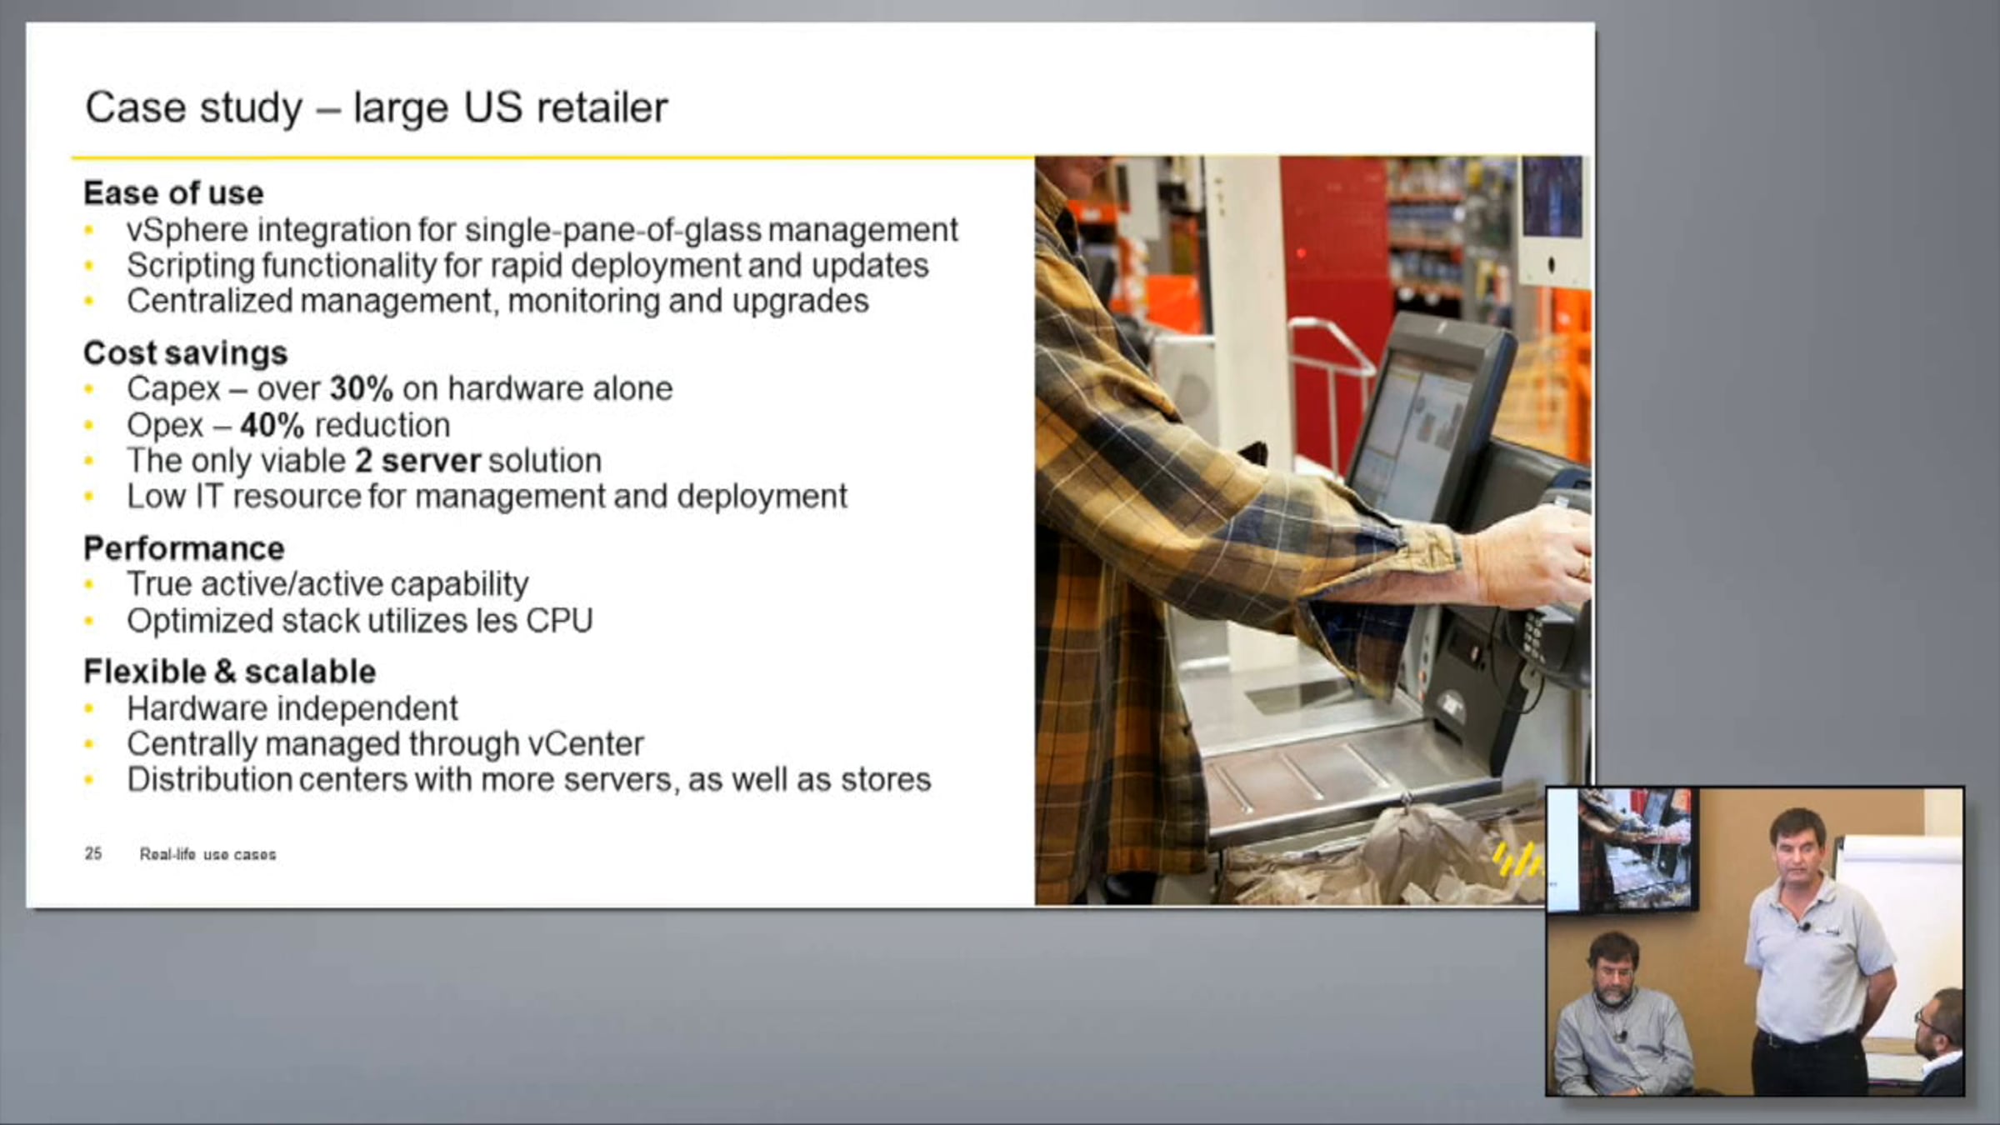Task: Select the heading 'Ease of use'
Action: coord(173,193)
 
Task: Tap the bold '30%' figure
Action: coord(361,388)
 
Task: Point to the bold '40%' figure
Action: coord(272,425)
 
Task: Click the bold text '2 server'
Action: coord(417,461)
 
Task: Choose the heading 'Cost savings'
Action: coord(185,353)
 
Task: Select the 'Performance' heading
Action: coord(184,548)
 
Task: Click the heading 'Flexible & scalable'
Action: coord(230,672)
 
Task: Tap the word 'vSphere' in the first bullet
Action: coord(187,230)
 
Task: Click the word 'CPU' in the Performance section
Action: coord(559,621)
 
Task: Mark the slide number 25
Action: coord(93,853)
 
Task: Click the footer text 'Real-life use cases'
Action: coord(207,854)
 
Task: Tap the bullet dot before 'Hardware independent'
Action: coord(89,710)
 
